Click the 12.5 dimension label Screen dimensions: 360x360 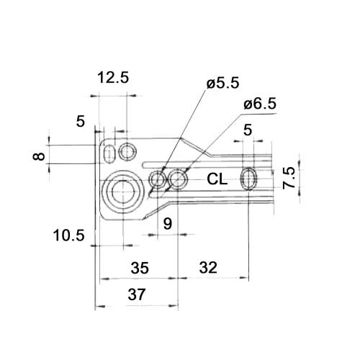pos(113,78)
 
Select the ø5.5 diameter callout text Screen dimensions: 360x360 pos(223,83)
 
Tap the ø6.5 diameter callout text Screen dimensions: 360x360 pos(260,104)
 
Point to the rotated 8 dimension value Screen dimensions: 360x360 pos(39,156)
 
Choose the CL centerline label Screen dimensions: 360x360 pos(217,179)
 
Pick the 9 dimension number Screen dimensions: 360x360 pos(168,224)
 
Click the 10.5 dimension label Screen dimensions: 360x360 pos(69,235)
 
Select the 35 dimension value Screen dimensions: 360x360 pos(140,268)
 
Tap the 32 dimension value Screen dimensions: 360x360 pos(208,268)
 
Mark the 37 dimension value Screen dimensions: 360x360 pos(137,294)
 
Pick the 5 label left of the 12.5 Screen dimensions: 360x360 pos(81,121)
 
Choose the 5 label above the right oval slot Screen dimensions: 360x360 pos(248,130)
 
